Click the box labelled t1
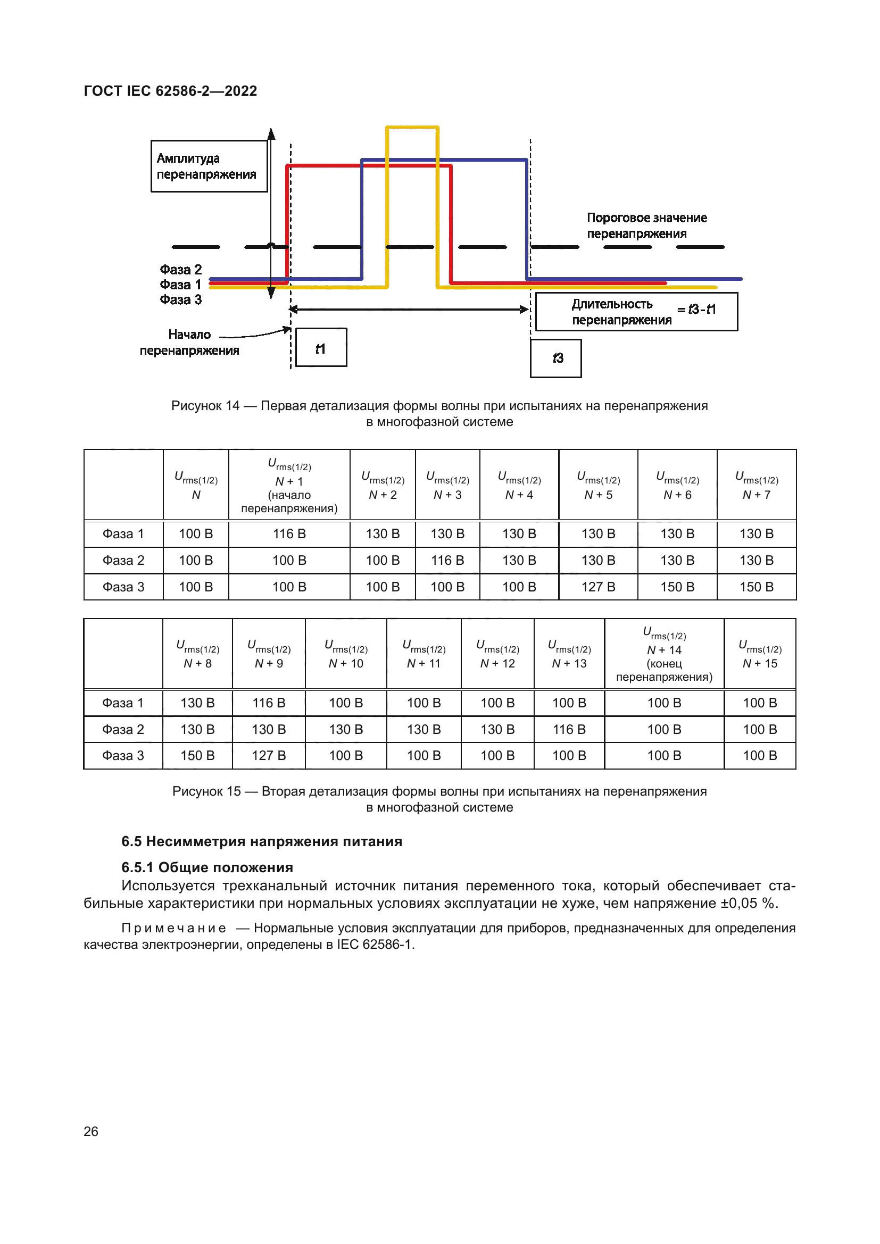point(321,347)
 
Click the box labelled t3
point(555,358)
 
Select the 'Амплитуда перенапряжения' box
point(209,166)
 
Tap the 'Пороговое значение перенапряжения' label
point(646,226)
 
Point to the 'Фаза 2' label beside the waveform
point(180,269)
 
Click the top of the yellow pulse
point(412,127)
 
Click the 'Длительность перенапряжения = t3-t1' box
point(636,312)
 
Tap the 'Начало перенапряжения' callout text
point(189,342)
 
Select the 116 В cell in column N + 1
point(289,533)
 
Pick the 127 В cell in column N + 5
point(597,587)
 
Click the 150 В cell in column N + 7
point(756,587)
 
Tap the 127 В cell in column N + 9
point(268,755)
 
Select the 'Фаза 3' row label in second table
point(123,755)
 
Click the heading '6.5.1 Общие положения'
point(207,867)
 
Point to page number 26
point(91,1131)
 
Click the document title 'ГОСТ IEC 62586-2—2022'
point(170,90)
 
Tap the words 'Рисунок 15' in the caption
point(206,791)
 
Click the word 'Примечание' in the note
point(173,928)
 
